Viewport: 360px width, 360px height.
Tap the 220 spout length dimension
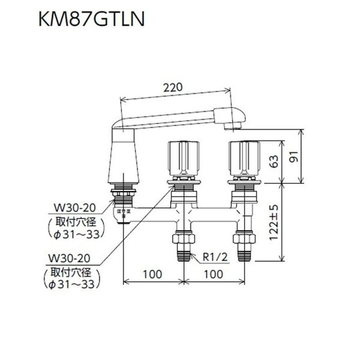click(173, 88)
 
